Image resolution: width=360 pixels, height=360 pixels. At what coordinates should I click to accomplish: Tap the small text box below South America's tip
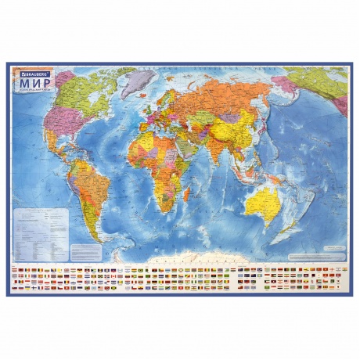point(92,250)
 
